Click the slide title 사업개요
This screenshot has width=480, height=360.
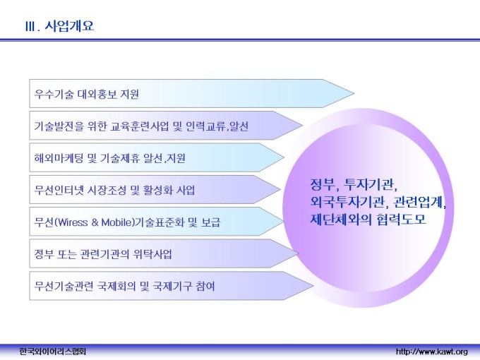point(69,25)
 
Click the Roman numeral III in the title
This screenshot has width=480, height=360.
point(30,27)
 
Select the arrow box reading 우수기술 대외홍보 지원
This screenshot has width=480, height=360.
point(191,93)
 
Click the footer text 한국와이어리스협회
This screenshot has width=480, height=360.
point(52,352)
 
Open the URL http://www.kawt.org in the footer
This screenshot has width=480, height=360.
point(431,352)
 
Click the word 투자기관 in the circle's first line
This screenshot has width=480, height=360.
point(371,184)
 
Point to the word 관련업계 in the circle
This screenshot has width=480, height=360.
point(419,202)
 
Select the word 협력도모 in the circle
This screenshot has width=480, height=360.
point(401,220)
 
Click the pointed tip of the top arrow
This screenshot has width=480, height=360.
point(354,93)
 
